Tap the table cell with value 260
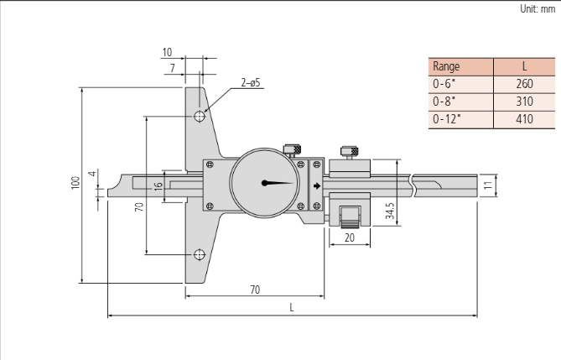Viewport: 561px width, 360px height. coord(524,83)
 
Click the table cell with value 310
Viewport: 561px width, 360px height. coord(524,101)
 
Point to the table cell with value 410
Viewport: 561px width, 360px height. coord(524,119)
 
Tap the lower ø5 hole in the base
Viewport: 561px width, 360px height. coord(199,254)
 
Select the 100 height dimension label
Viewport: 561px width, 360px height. coord(75,182)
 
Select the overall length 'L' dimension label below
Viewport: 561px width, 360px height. coord(292,308)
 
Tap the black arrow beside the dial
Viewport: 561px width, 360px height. coord(316,185)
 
